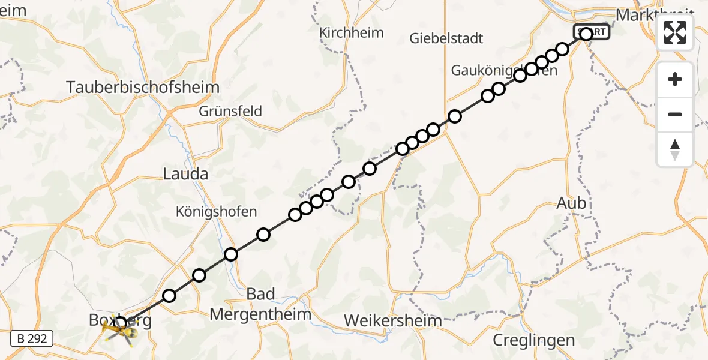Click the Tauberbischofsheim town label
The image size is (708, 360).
click(x=143, y=88)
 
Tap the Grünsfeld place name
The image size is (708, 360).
click(x=230, y=111)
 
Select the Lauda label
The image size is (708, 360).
click(x=185, y=175)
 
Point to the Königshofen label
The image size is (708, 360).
click(x=216, y=211)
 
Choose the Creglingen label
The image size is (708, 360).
click(x=533, y=340)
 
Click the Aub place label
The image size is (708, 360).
click(x=571, y=203)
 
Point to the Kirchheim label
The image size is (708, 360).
click(x=352, y=32)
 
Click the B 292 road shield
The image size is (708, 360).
click(x=32, y=339)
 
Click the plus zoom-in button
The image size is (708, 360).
click(x=675, y=80)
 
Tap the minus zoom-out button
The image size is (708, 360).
click(x=675, y=114)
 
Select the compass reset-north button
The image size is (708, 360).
click(x=675, y=149)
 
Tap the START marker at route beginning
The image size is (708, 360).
click(x=592, y=31)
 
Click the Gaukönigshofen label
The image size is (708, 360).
click(x=504, y=71)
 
